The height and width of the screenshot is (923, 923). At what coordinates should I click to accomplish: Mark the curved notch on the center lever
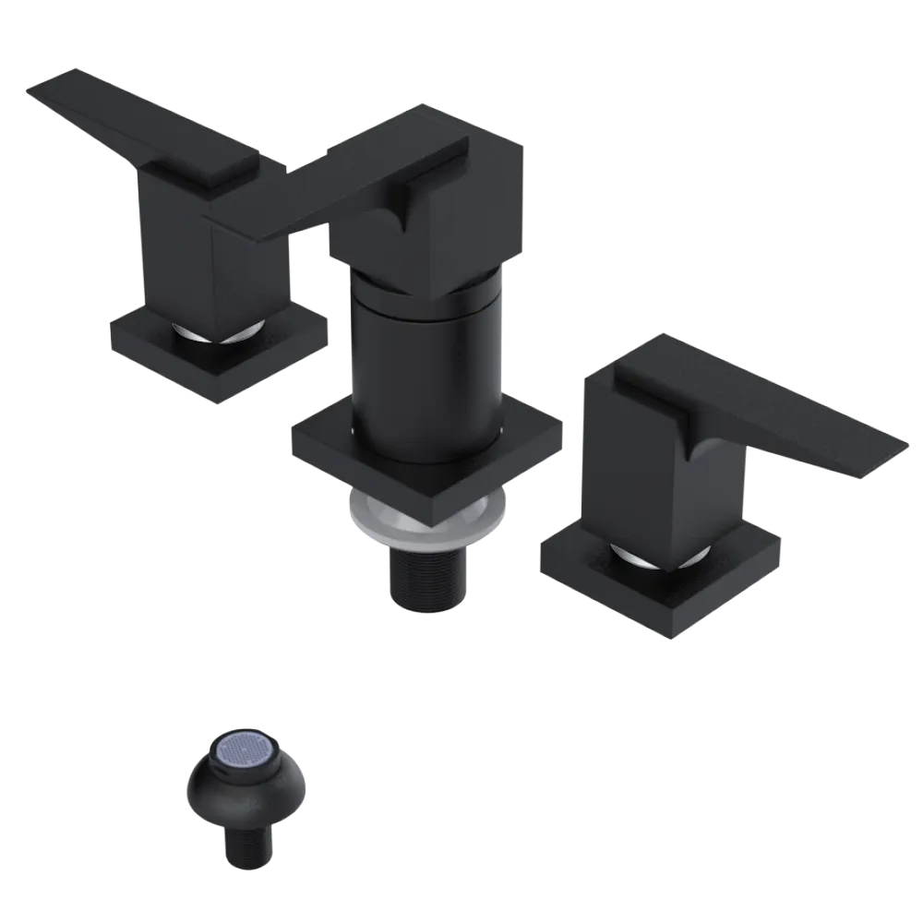400,212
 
